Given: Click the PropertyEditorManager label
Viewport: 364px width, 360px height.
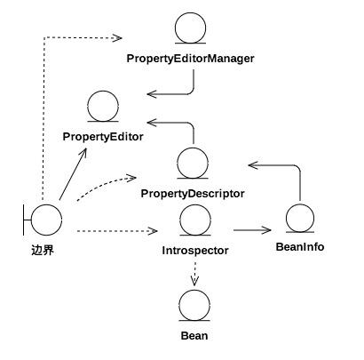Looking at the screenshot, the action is [190, 59].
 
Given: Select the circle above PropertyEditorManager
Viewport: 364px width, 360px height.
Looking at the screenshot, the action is [190, 13].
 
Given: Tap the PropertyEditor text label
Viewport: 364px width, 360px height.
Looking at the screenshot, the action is [103, 137].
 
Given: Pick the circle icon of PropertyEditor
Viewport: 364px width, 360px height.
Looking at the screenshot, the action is [103, 92].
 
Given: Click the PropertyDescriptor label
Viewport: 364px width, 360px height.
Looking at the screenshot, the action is [193, 194].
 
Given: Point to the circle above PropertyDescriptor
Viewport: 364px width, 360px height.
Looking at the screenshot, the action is [193, 148].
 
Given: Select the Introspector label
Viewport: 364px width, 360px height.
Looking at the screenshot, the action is [195, 251].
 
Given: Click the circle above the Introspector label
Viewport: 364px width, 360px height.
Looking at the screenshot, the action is [195, 205].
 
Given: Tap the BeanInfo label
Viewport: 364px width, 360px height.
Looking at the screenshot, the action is [300, 247].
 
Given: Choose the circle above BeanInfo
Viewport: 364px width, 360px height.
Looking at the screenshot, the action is [300, 204].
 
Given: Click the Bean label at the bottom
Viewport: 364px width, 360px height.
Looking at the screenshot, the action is [194, 336].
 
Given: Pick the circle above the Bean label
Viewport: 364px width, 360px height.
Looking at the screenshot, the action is [194, 291].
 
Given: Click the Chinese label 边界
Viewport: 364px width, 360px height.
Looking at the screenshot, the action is [43, 251].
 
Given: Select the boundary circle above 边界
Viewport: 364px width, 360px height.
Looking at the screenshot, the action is [46, 204].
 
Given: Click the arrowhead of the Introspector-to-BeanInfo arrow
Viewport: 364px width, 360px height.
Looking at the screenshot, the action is [267, 230].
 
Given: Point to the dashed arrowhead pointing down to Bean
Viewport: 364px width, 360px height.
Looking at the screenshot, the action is [194, 282].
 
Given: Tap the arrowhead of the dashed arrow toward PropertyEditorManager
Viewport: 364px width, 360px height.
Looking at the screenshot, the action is [118, 38].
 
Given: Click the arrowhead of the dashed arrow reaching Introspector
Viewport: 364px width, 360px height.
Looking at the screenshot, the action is [153, 231].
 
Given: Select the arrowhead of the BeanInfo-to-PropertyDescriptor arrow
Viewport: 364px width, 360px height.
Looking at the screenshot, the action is [253, 165].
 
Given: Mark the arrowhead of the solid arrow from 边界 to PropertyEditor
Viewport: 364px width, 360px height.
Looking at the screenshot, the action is [83, 152].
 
